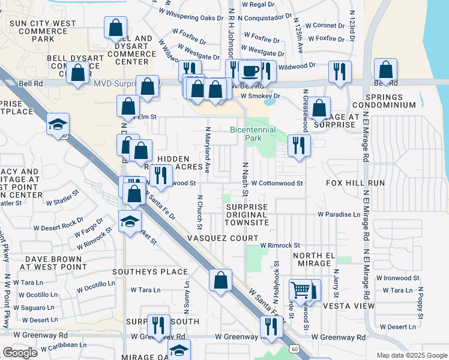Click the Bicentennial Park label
(x=253, y=134)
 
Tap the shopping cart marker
(x=300, y=290)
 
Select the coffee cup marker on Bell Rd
(x=250, y=71)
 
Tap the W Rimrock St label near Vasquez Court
(x=280, y=245)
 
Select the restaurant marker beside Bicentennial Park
(x=298, y=144)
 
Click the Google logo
(x=20, y=353)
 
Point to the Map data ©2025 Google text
(x=411, y=355)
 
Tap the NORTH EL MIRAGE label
(x=313, y=260)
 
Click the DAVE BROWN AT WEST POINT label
(x=52, y=262)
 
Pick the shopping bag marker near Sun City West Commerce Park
(x=115, y=28)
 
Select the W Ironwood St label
(x=397, y=278)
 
